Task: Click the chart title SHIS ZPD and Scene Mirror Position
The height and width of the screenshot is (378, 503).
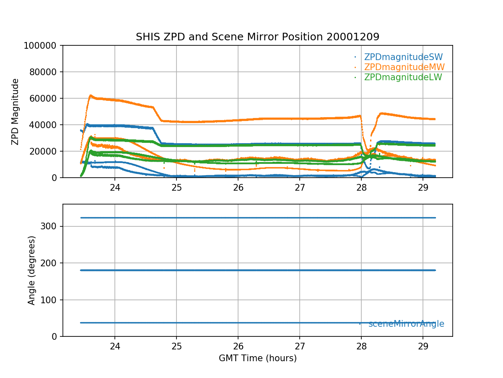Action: pyautogui.click(x=257, y=37)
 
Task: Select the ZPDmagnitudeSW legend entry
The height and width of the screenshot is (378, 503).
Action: pyautogui.click(x=403, y=57)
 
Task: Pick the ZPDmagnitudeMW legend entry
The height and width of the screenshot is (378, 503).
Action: pyautogui.click(x=404, y=67)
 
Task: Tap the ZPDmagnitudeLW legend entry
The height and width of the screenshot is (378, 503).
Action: pyautogui.click(x=403, y=77)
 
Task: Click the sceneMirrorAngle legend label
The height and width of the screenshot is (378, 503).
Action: pyautogui.click(x=406, y=324)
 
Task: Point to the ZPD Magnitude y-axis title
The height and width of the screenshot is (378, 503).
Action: pyautogui.click(x=16, y=112)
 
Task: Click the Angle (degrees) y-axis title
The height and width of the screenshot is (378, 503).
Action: pyautogui.click(x=32, y=270)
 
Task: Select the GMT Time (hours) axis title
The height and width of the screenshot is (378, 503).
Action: pyautogui.click(x=257, y=358)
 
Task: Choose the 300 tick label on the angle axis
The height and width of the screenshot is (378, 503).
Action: pyautogui.click(x=50, y=226)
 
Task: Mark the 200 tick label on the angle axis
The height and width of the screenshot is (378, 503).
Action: pyautogui.click(x=50, y=263)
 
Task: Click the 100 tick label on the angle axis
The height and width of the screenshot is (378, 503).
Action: pyautogui.click(x=50, y=300)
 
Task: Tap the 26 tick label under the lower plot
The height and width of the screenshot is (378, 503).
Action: pyautogui.click(x=238, y=346)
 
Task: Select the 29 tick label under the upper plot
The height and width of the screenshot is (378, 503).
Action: pyautogui.click(x=423, y=187)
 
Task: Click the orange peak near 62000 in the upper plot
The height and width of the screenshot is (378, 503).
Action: pyautogui.click(x=90, y=96)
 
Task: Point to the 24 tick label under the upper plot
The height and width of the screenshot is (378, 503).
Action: pyautogui.click(x=115, y=187)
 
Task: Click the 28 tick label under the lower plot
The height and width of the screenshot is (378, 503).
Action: pyautogui.click(x=361, y=346)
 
